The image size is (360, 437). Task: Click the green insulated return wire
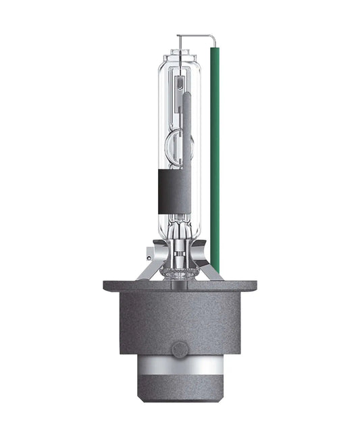coord(216,155)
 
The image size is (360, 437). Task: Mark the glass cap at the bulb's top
coord(180,56)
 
